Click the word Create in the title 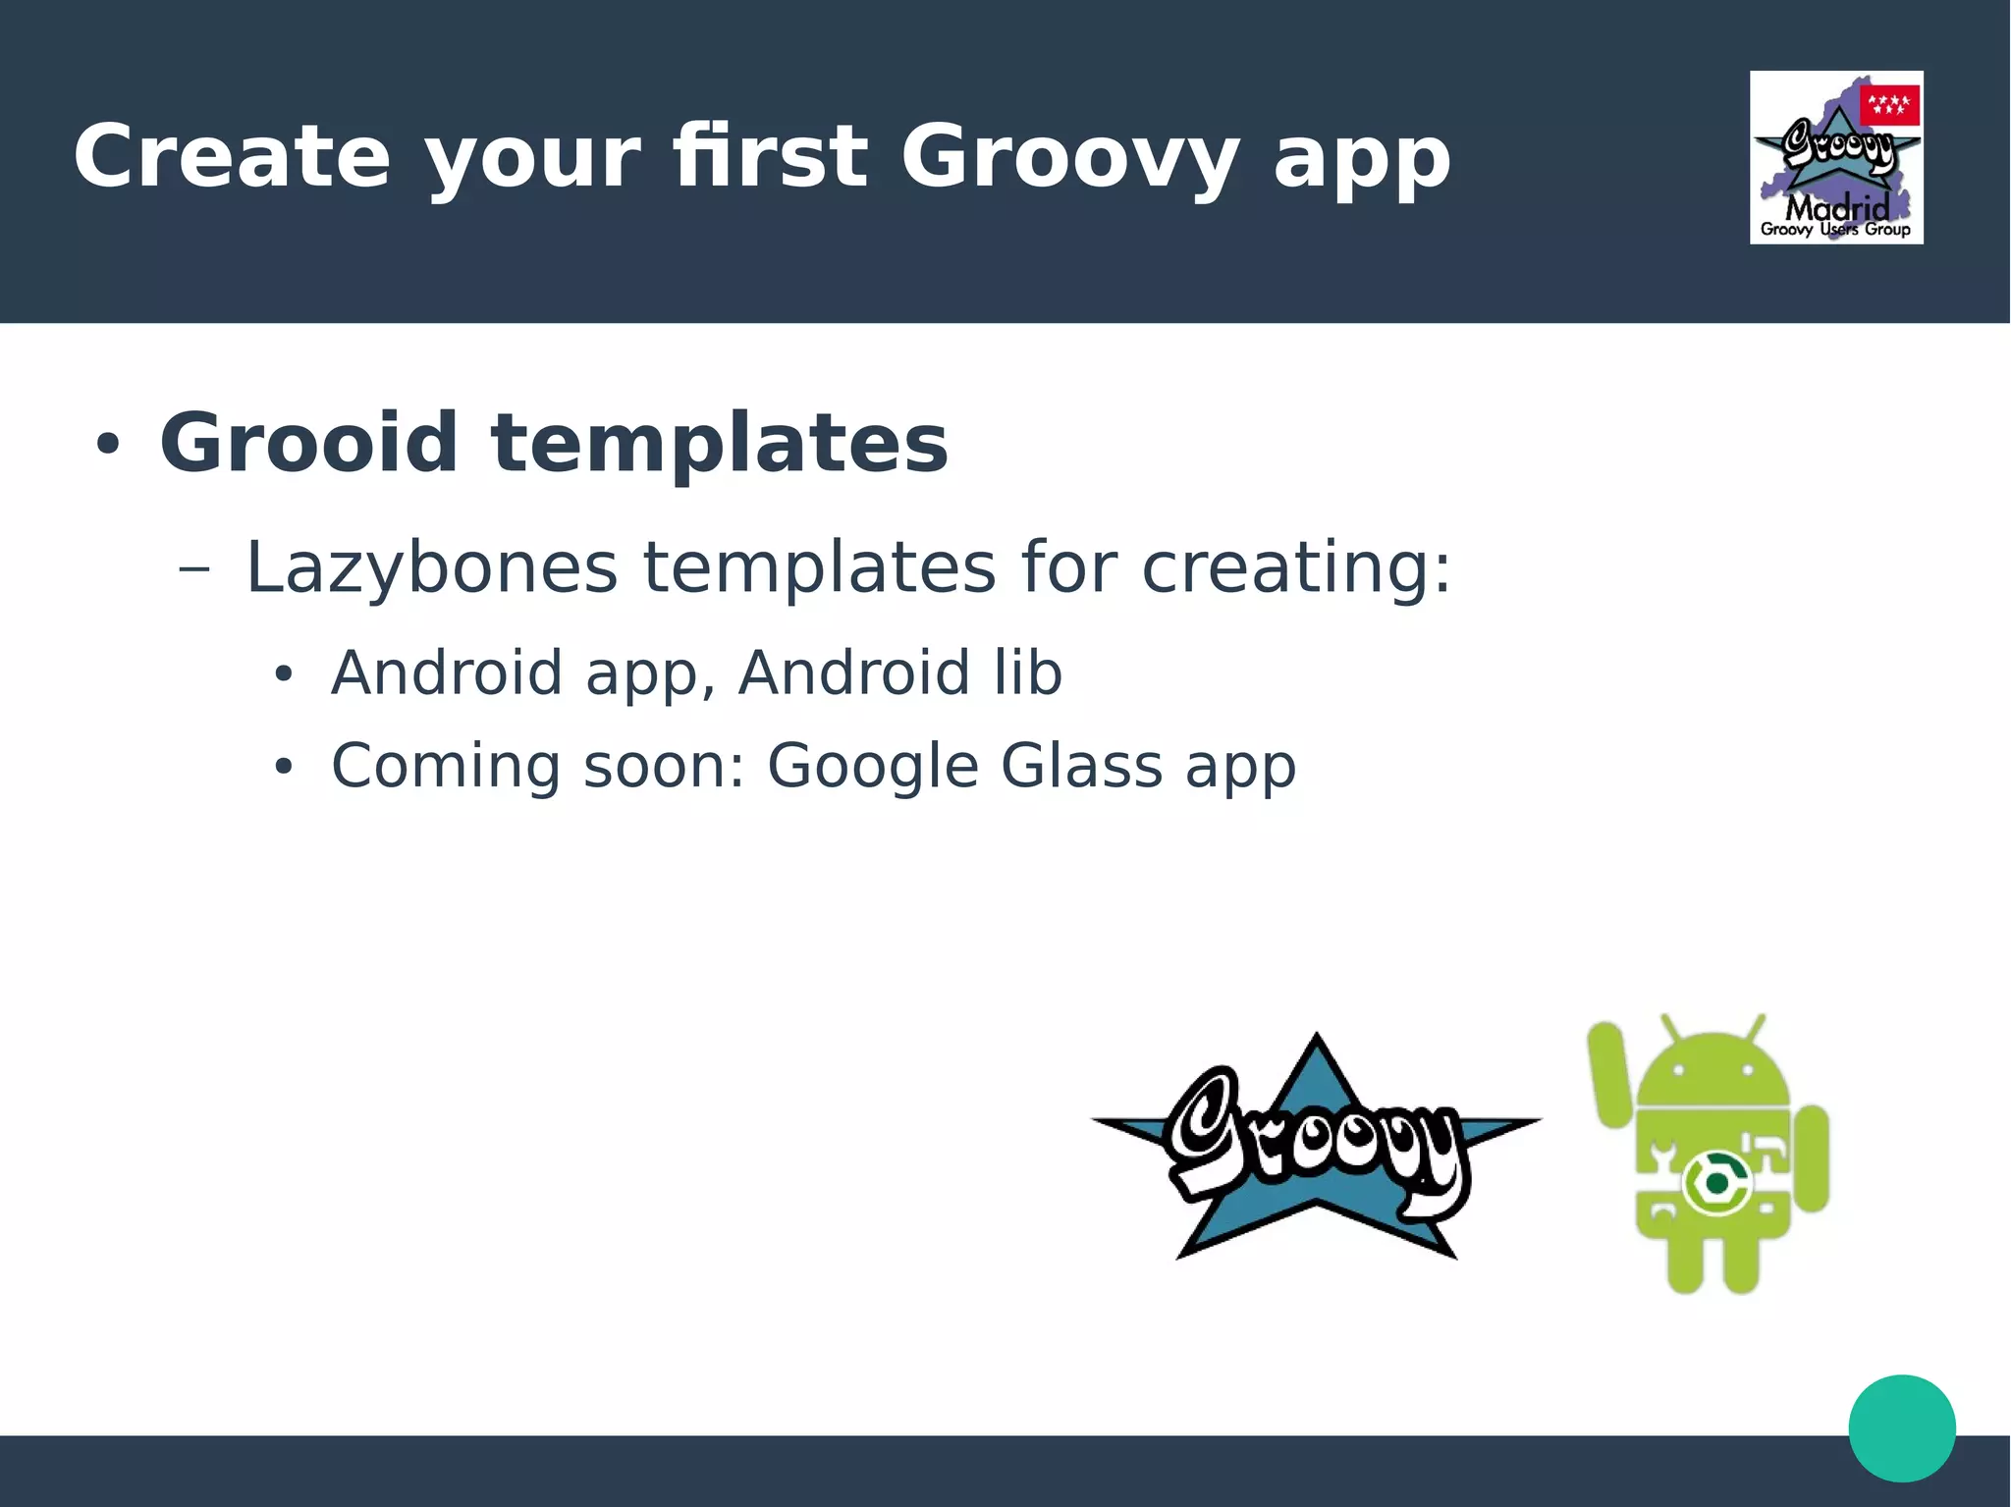232,157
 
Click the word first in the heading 771,157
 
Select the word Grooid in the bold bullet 308,443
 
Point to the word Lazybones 431,568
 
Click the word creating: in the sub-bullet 1295,568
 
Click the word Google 872,768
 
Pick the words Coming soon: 538,766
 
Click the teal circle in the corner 1901,1427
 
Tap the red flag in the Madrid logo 1888,105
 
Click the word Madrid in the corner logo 1836,207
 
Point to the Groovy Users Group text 1834,230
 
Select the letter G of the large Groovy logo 1205,1129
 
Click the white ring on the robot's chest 1715,1183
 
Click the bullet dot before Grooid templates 107,445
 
